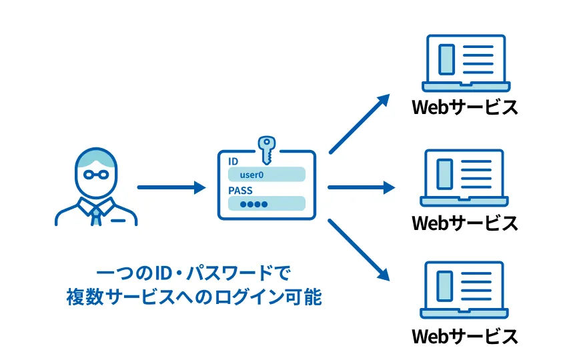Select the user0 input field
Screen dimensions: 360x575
coord(266,175)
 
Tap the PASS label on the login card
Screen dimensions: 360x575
coord(240,190)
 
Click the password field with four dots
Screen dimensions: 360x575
coord(266,203)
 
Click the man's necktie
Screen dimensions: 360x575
coord(97,213)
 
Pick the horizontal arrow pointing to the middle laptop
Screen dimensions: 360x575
coord(361,188)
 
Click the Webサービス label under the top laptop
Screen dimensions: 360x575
coord(465,108)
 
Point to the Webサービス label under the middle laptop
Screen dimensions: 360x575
coord(465,223)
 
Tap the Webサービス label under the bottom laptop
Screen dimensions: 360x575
coord(465,336)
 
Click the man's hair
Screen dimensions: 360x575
coord(96,157)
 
